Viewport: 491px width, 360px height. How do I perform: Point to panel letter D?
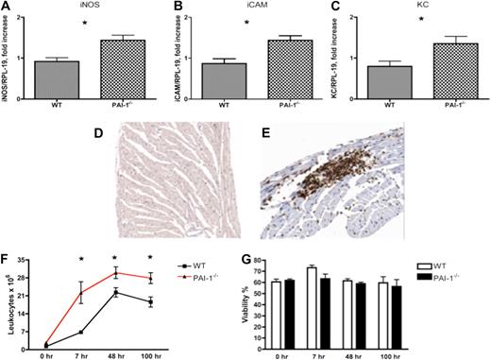point(97,133)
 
